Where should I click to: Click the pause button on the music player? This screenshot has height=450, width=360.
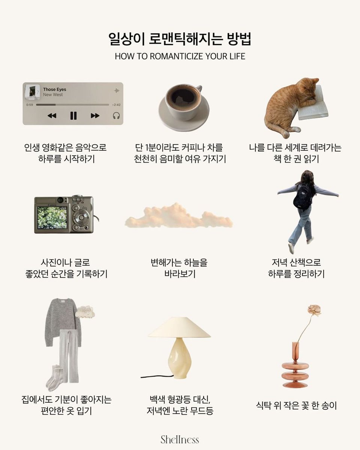point(73,115)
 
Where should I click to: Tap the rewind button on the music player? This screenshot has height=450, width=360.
point(52,115)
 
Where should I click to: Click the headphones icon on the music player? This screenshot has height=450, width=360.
point(116,115)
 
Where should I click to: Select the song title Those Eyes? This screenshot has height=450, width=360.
point(55,89)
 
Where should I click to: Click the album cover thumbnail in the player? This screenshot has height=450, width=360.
point(32,91)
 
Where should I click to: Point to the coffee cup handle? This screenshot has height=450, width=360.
point(199,88)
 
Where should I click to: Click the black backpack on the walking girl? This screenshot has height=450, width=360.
point(303,196)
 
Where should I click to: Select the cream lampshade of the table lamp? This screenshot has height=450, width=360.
point(179,328)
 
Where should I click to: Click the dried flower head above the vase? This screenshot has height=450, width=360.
point(314,310)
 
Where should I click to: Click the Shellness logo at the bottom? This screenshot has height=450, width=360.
point(180,439)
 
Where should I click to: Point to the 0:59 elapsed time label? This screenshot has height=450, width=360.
point(30,105)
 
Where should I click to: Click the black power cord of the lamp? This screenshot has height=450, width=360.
point(157,376)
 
